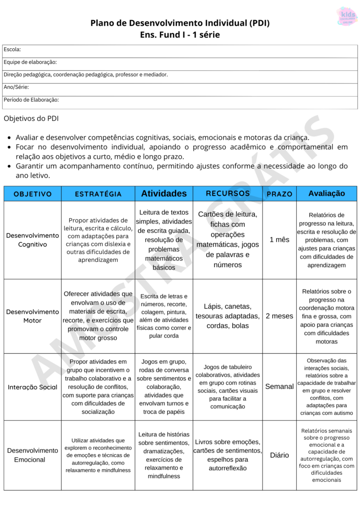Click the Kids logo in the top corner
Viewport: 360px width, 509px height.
coord(346,16)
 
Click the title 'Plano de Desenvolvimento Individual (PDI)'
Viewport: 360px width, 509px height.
coord(180,23)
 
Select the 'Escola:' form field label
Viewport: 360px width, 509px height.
coord(12,50)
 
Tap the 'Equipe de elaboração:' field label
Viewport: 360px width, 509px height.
coord(30,62)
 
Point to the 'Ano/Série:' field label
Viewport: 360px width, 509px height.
coord(16,87)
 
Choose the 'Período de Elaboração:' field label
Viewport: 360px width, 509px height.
coord(31,100)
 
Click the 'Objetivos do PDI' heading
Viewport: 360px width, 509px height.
coord(31,119)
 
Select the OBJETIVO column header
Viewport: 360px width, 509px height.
coord(33,194)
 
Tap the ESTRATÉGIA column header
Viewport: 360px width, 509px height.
coord(98,194)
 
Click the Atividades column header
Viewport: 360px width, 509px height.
coord(164,194)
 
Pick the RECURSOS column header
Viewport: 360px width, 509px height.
coord(228,194)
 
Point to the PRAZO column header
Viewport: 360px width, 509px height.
coord(279,194)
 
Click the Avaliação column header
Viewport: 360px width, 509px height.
coord(326,194)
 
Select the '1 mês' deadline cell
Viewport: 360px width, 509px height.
coord(279,240)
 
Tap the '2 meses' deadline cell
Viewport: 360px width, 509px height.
coord(279,316)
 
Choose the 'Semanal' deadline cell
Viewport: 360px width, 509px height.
coord(279,387)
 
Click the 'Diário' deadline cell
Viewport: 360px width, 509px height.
coord(279,455)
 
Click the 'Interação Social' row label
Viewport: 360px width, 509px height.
coord(33,387)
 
